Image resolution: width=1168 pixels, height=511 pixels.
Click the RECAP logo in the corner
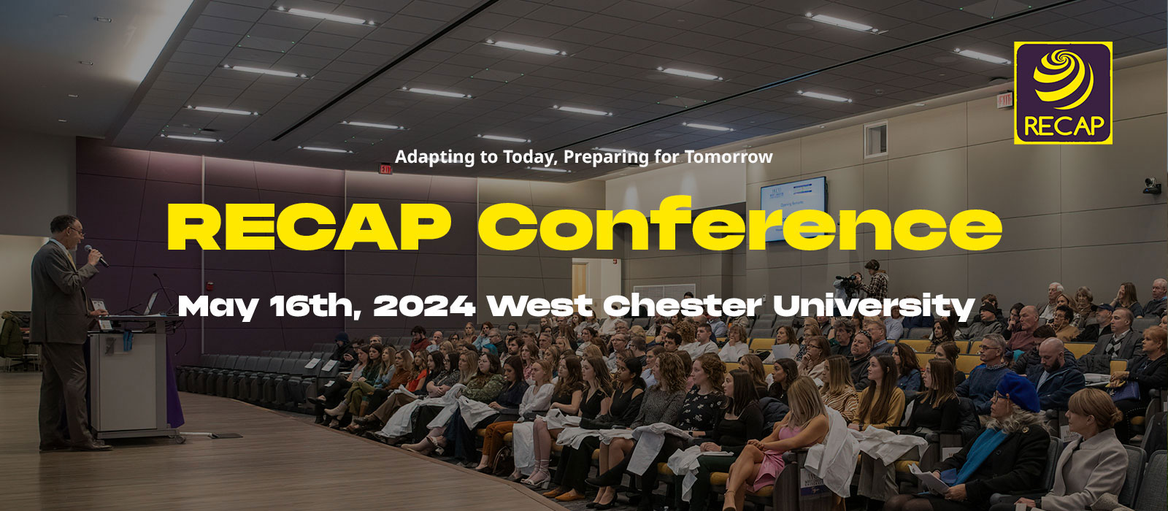tap(1063, 93)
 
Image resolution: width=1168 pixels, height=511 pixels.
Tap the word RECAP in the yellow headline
tap(309, 227)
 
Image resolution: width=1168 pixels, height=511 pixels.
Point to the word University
tap(874, 307)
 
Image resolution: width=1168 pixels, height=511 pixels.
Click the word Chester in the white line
tap(683, 306)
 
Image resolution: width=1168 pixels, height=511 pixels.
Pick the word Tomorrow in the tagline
tap(729, 156)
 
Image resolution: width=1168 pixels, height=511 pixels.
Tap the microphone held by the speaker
tap(96, 255)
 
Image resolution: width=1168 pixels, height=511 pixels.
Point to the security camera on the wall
tap(1151, 185)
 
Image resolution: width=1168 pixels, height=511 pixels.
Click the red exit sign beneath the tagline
tap(385, 169)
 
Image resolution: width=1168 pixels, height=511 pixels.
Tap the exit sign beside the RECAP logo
tap(1004, 99)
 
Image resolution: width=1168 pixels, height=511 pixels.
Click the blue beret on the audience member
tap(1018, 392)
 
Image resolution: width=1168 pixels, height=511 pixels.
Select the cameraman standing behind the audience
tap(876, 280)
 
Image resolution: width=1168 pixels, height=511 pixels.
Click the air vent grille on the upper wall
tap(875, 139)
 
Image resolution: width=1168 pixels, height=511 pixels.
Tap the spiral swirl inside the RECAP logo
tap(1063, 78)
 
